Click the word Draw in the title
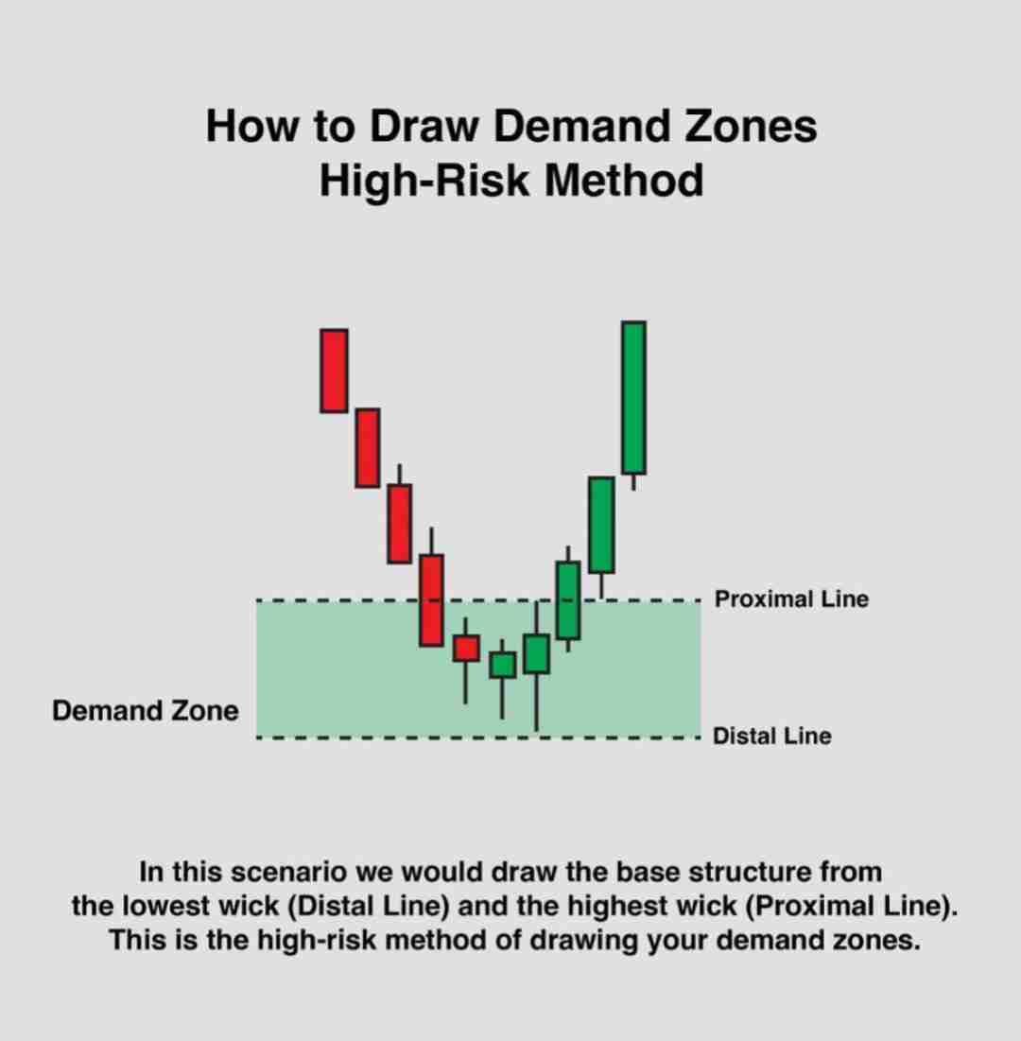pos(424,126)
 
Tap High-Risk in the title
pos(424,180)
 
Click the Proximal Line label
pos(791,599)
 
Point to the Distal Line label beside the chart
pos(771,736)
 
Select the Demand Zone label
pos(146,710)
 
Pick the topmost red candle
pos(334,371)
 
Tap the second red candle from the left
pos(368,448)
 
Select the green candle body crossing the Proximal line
pos(567,600)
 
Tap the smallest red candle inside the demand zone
pos(466,648)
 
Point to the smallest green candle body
pos(503,666)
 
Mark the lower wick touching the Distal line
pos(536,703)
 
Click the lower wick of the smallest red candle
pos(465,683)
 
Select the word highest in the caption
pos(668,907)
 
